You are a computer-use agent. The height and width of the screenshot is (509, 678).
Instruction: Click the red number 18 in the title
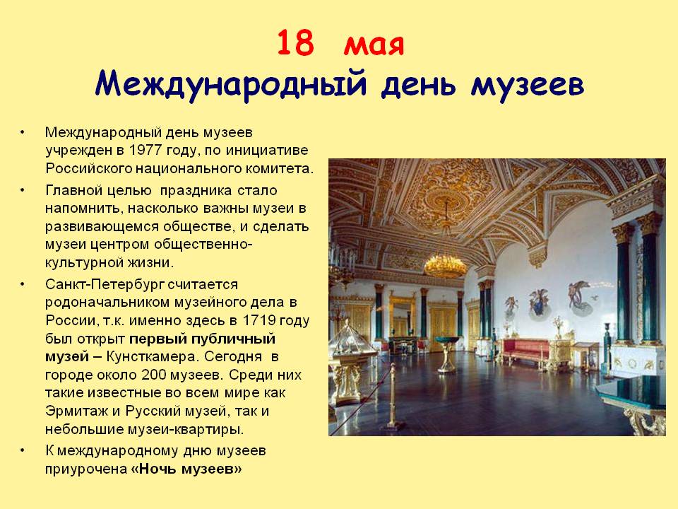pyautogui.click(x=295, y=42)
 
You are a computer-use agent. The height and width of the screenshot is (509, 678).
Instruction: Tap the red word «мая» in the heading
pyautogui.click(x=374, y=45)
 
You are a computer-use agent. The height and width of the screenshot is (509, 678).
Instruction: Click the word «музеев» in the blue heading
pyautogui.click(x=528, y=86)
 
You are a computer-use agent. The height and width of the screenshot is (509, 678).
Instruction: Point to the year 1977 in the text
pyautogui.click(x=145, y=150)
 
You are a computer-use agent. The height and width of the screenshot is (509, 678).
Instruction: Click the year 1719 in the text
pyautogui.click(x=259, y=321)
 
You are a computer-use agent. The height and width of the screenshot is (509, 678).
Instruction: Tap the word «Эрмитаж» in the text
pyautogui.click(x=76, y=411)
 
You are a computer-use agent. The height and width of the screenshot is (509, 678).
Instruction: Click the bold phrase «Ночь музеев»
pyautogui.click(x=186, y=469)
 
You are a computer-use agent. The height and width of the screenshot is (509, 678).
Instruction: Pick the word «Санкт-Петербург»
pyautogui.click(x=105, y=285)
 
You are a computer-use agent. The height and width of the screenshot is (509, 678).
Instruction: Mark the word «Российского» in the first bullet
pyautogui.click(x=89, y=168)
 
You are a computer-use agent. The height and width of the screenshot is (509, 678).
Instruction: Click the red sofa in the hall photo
pyautogui.click(x=525, y=349)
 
